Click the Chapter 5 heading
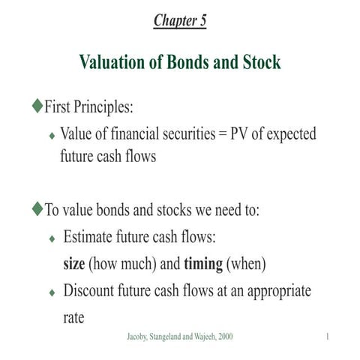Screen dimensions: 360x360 click(x=180, y=20)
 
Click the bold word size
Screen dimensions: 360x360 click(x=75, y=265)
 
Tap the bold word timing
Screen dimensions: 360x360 click(x=202, y=265)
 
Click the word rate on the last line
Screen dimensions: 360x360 click(x=73, y=317)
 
